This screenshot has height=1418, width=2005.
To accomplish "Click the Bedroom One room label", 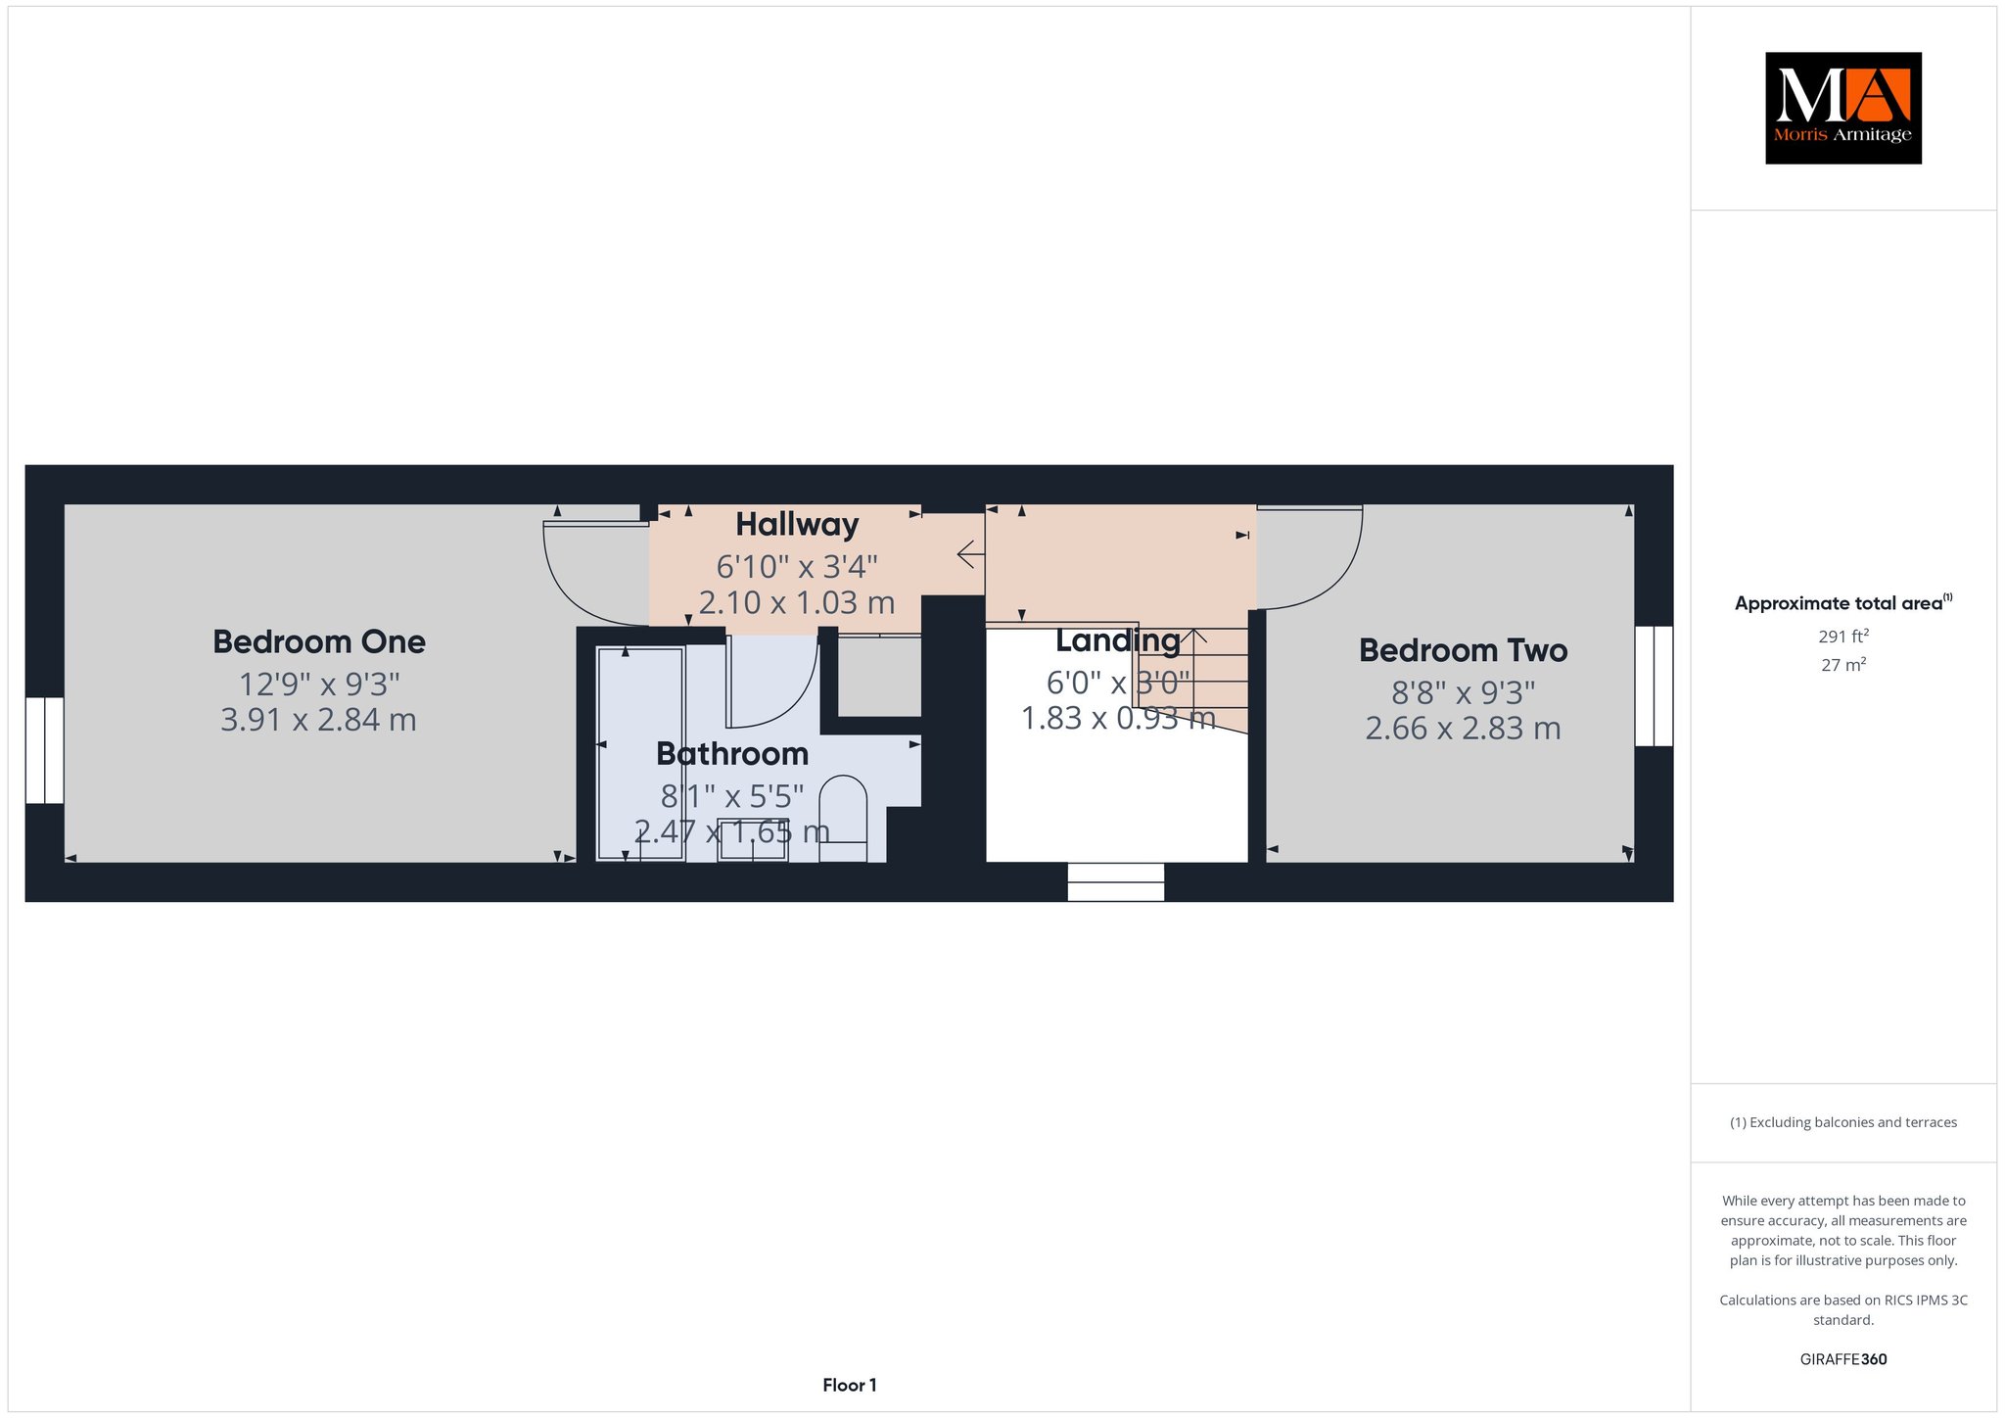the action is pos(319,642).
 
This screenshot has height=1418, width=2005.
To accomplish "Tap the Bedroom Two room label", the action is pos(1464,650).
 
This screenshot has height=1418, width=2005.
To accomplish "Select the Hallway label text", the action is pos(797,525).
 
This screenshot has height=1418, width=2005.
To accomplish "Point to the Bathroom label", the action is pos(732,754).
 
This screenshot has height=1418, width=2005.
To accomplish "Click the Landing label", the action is pos(1118,640).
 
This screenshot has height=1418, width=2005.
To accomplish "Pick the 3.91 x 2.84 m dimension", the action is pos(319,720).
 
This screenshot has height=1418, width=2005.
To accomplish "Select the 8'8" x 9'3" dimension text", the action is pos(1464,692).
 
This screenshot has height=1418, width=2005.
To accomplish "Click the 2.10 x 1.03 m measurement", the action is pos(797,602).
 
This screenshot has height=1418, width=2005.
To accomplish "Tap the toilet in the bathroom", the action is pos(843,819).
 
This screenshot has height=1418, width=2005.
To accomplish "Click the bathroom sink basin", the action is pos(753,839).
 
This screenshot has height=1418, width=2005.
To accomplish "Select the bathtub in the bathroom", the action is pos(640,753).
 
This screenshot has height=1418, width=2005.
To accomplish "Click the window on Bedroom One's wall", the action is pos(44,750).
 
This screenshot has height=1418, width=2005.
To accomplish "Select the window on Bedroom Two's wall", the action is pos(1654,685).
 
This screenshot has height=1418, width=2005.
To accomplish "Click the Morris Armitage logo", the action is pos(1843,108).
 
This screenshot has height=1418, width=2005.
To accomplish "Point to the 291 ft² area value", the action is pos(1843,636).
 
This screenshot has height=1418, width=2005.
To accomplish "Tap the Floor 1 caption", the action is pos(850,1385).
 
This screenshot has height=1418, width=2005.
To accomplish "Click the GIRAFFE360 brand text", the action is pos(1843,1359).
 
